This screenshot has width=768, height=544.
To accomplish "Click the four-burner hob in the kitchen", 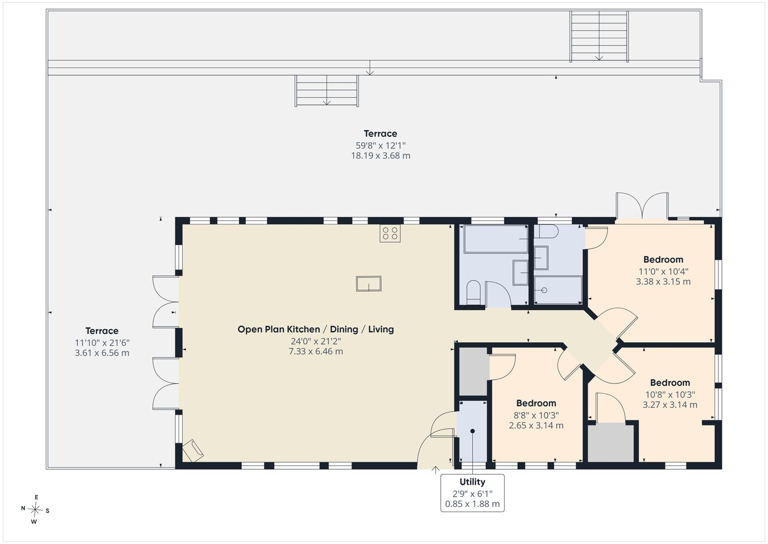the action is pyautogui.click(x=390, y=234).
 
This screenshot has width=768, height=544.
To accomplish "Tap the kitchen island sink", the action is pyautogui.click(x=369, y=284).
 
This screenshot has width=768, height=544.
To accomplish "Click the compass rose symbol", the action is pyautogui.click(x=35, y=510).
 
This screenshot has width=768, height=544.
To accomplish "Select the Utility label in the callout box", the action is pyautogui.click(x=472, y=482).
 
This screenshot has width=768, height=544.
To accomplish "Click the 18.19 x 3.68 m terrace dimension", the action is pyautogui.click(x=381, y=156).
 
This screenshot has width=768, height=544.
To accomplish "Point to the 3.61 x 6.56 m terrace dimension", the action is pyautogui.click(x=102, y=353).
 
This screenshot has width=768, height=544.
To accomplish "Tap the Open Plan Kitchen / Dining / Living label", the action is pyautogui.click(x=316, y=329).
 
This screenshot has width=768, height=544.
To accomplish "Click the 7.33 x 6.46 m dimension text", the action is pyautogui.click(x=316, y=351).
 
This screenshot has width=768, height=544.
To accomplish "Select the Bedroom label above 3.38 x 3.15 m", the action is pyautogui.click(x=663, y=260).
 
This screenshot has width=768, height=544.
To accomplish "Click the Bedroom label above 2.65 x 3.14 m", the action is pyautogui.click(x=536, y=403).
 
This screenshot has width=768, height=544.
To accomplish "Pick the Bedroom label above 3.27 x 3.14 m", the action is pyautogui.click(x=670, y=382).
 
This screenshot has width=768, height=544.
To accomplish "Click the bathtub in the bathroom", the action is pyautogui.click(x=496, y=239).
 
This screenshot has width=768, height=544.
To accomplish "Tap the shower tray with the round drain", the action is pyautogui.click(x=558, y=290).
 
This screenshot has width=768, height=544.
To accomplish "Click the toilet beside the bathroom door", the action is pyautogui.click(x=474, y=293).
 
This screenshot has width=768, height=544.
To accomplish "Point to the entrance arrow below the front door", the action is pyautogui.click(x=435, y=469).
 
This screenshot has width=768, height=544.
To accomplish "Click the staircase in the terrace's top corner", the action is pyautogui.click(x=599, y=36).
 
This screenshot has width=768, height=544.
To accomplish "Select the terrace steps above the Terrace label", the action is pyautogui.click(x=327, y=91).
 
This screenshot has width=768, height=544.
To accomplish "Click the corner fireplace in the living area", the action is pyautogui.click(x=193, y=451).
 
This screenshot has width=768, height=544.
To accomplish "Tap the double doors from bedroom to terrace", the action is pyautogui.click(x=642, y=206).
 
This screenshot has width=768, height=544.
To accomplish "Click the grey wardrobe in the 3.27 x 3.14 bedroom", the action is pyautogui.click(x=611, y=443).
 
